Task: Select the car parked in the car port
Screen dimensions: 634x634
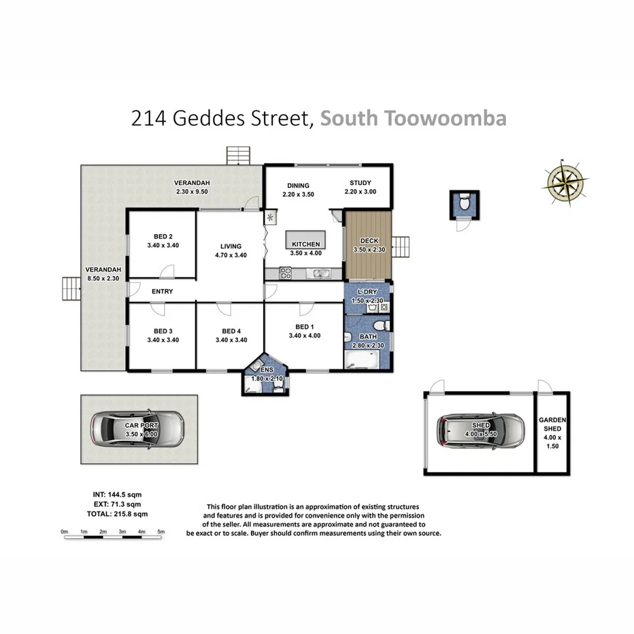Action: click(x=138, y=429)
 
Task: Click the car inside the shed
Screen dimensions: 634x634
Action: click(x=481, y=430)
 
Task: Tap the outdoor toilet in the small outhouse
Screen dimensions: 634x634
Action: click(x=463, y=203)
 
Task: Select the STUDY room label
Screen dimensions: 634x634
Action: click(x=361, y=183)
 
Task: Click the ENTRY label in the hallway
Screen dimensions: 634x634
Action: click(x=163, y=291)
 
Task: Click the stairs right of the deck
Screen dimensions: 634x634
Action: click(x=403, y=246)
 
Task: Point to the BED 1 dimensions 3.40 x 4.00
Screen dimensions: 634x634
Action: click(x=304, y=335)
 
